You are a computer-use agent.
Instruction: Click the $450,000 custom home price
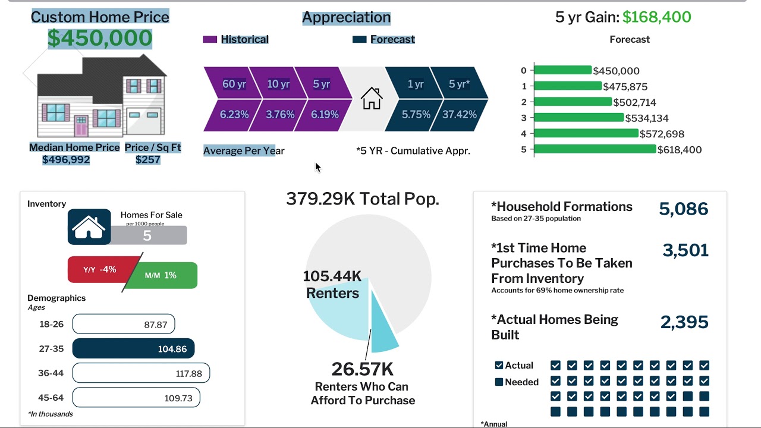(100, 38)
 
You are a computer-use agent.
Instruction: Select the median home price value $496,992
(66, 159)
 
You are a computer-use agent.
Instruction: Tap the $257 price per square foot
(148, 159)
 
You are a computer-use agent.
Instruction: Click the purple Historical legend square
(210, 39)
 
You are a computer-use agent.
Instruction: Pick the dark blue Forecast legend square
(359, 39)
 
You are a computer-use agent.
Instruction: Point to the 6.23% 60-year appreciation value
(234, 115)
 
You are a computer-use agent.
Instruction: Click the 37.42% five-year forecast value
(460, 115)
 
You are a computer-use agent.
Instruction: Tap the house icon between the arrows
(372, 98)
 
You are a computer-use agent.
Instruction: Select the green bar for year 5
(595, 149)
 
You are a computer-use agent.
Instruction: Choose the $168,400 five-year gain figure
(656, 17)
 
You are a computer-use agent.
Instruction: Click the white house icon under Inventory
(89, 226)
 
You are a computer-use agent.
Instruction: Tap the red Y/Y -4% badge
(100, 270)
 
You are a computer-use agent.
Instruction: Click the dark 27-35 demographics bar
(133, 349)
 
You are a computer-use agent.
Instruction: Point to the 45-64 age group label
(51, 398)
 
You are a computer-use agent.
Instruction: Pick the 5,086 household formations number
(683, 209)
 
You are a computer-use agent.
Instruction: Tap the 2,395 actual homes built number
(684, 322)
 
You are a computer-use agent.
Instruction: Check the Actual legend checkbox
(499, 366)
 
